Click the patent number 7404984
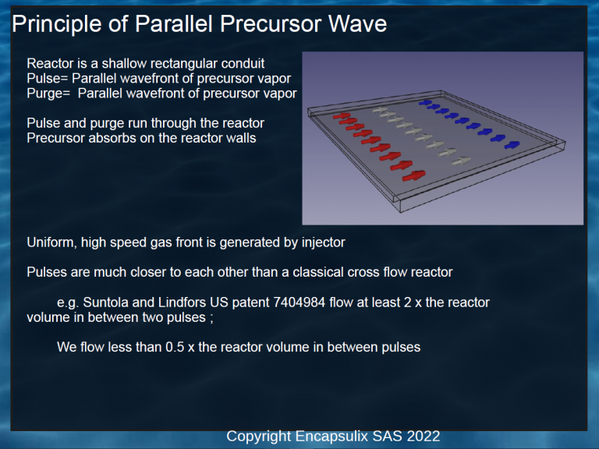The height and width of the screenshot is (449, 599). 299,302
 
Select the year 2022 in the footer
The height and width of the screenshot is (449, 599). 424,436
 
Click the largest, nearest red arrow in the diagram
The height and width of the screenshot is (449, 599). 413,175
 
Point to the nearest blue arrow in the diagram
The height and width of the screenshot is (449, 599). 512,145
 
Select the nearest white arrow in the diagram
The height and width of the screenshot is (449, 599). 461,161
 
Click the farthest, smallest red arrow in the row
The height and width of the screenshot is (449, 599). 342,115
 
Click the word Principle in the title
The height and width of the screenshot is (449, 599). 57,23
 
